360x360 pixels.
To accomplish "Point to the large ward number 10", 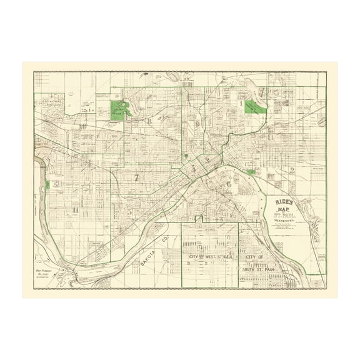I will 83,126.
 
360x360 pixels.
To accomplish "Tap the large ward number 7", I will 136,177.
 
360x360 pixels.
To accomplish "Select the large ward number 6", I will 229,184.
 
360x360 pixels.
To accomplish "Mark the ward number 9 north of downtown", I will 197,124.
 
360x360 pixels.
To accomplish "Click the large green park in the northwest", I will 118,111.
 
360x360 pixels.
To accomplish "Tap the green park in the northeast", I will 254,106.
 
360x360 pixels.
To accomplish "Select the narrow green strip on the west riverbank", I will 47,186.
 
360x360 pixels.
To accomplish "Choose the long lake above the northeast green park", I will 251,85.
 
